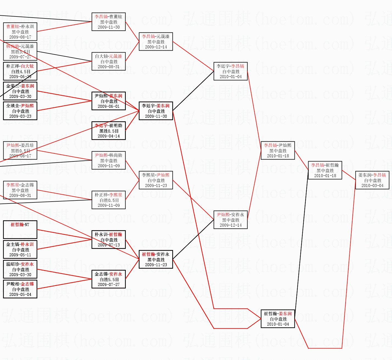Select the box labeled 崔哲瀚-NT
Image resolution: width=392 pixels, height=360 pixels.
coord(20,230)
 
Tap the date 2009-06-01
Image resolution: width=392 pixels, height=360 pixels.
coord(109,106)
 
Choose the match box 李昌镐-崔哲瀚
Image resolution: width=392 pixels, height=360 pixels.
coord(325,170)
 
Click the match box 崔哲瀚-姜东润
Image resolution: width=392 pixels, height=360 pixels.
coord(278,319)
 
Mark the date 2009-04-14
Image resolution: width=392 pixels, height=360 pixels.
coord(109,136)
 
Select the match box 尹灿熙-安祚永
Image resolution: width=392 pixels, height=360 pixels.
coord(230,220)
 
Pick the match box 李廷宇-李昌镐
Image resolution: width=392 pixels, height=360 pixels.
coord(230,71)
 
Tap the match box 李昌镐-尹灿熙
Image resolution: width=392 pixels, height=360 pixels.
coord(278,150)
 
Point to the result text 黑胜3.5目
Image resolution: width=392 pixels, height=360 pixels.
coord(20,52)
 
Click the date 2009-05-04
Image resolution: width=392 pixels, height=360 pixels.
coord(20,295)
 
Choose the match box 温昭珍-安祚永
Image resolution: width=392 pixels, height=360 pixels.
coord(20,269)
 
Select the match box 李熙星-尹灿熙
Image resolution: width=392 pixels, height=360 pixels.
coord(156,180)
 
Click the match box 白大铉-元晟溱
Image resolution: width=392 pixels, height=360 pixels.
coord(109,61)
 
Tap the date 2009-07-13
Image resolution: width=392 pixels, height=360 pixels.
coord(109,245)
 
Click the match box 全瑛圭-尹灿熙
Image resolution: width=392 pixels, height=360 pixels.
coord(20,111)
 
